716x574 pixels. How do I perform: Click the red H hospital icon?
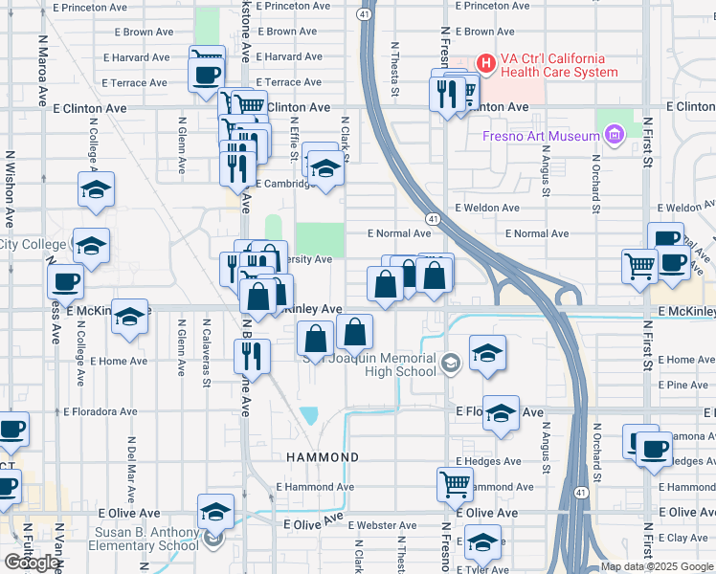[x=485, y=64]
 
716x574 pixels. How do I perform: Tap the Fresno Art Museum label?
[x=540, y=136]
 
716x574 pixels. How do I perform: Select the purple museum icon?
[x=614, y=136]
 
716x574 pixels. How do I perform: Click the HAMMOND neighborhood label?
[x=323, y=457]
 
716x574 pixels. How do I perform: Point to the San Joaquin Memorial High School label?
[x=370, y=365]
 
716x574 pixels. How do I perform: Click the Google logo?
[x=32, y=563]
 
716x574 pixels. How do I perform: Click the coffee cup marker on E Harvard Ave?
[x=207, y=73]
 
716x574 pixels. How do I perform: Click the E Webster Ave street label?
[x=382, y=526]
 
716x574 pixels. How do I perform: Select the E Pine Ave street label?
[x=684, y=385]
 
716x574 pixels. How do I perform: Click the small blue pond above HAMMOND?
[x=309, y=416]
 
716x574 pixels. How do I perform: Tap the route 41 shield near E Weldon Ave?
[x=434, y=220]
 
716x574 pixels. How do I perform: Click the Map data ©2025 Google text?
[x=657, y=566]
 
